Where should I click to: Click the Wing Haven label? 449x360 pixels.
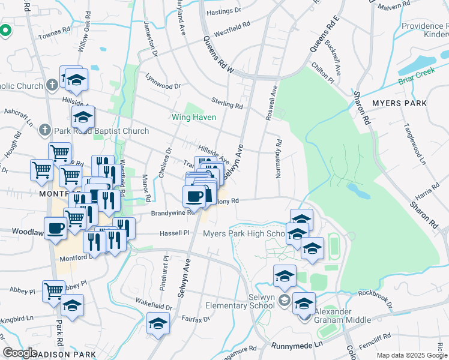coord(194,117)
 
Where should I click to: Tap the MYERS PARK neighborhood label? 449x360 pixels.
coord(399,103)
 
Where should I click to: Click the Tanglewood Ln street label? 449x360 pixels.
coord(414,145)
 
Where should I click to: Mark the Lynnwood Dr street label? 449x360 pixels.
coord(163,82)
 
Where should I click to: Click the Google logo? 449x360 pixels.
coord(20,353)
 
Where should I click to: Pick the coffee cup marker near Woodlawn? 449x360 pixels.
coord(55,229)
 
